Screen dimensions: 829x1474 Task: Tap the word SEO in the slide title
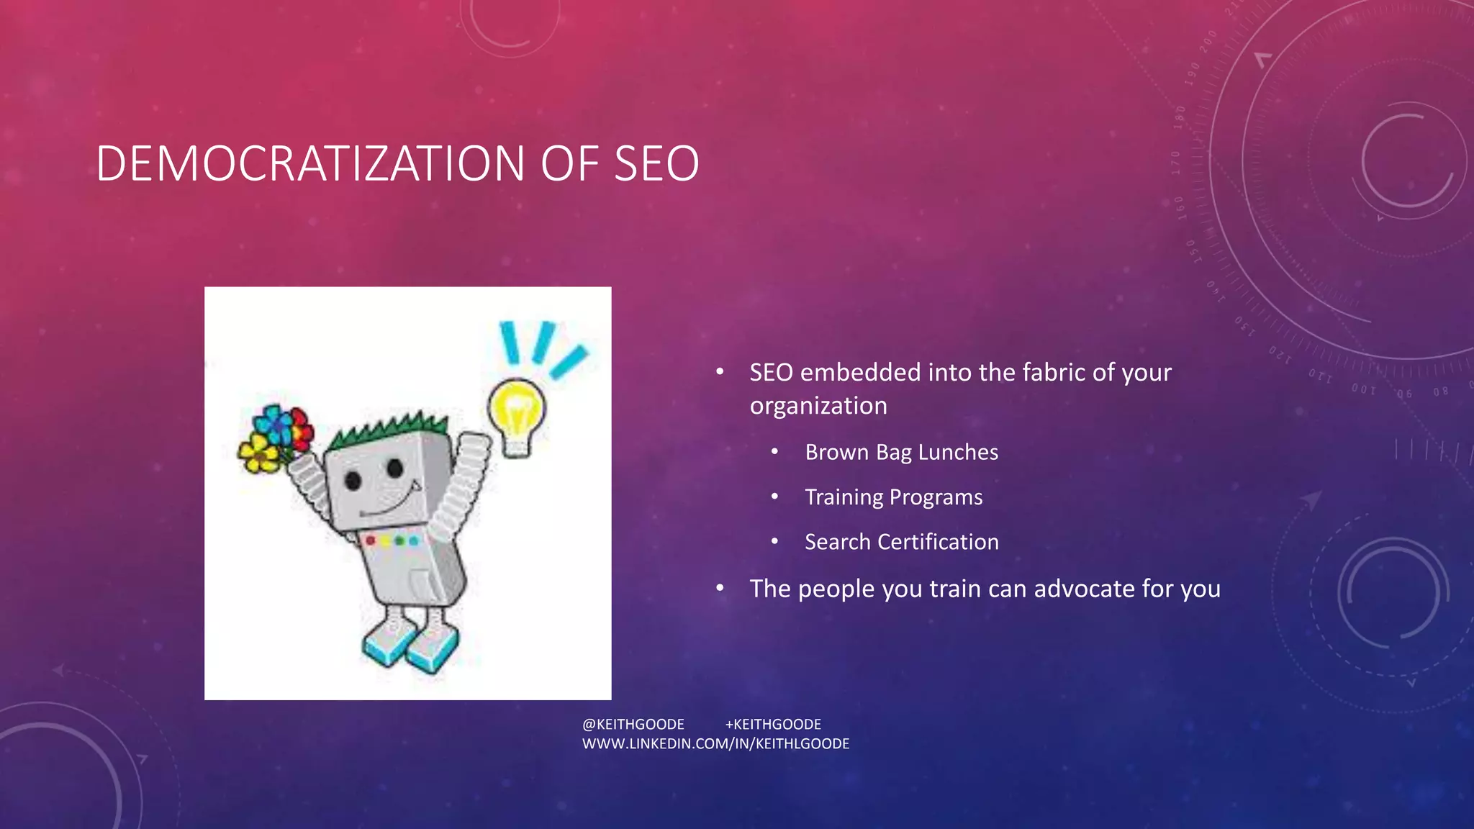[656, 163]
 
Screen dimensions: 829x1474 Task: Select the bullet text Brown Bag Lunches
[901, 452]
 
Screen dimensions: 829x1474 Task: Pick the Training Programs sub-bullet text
[893, 497]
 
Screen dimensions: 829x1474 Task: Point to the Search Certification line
[901, 542]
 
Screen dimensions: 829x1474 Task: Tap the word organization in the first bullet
[818, 406]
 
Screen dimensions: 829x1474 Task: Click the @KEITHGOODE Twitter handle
[633, 724]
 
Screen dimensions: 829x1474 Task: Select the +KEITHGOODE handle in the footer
[773, 724]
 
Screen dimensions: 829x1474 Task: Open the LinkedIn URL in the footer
[715, 743]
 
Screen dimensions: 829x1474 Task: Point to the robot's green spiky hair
[389, 432]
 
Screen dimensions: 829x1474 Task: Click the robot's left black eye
[353, 480]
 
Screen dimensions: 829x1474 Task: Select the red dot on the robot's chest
[371, 540]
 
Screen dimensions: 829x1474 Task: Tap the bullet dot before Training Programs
[774, 497]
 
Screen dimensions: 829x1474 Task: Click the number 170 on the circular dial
[1176, 163]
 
